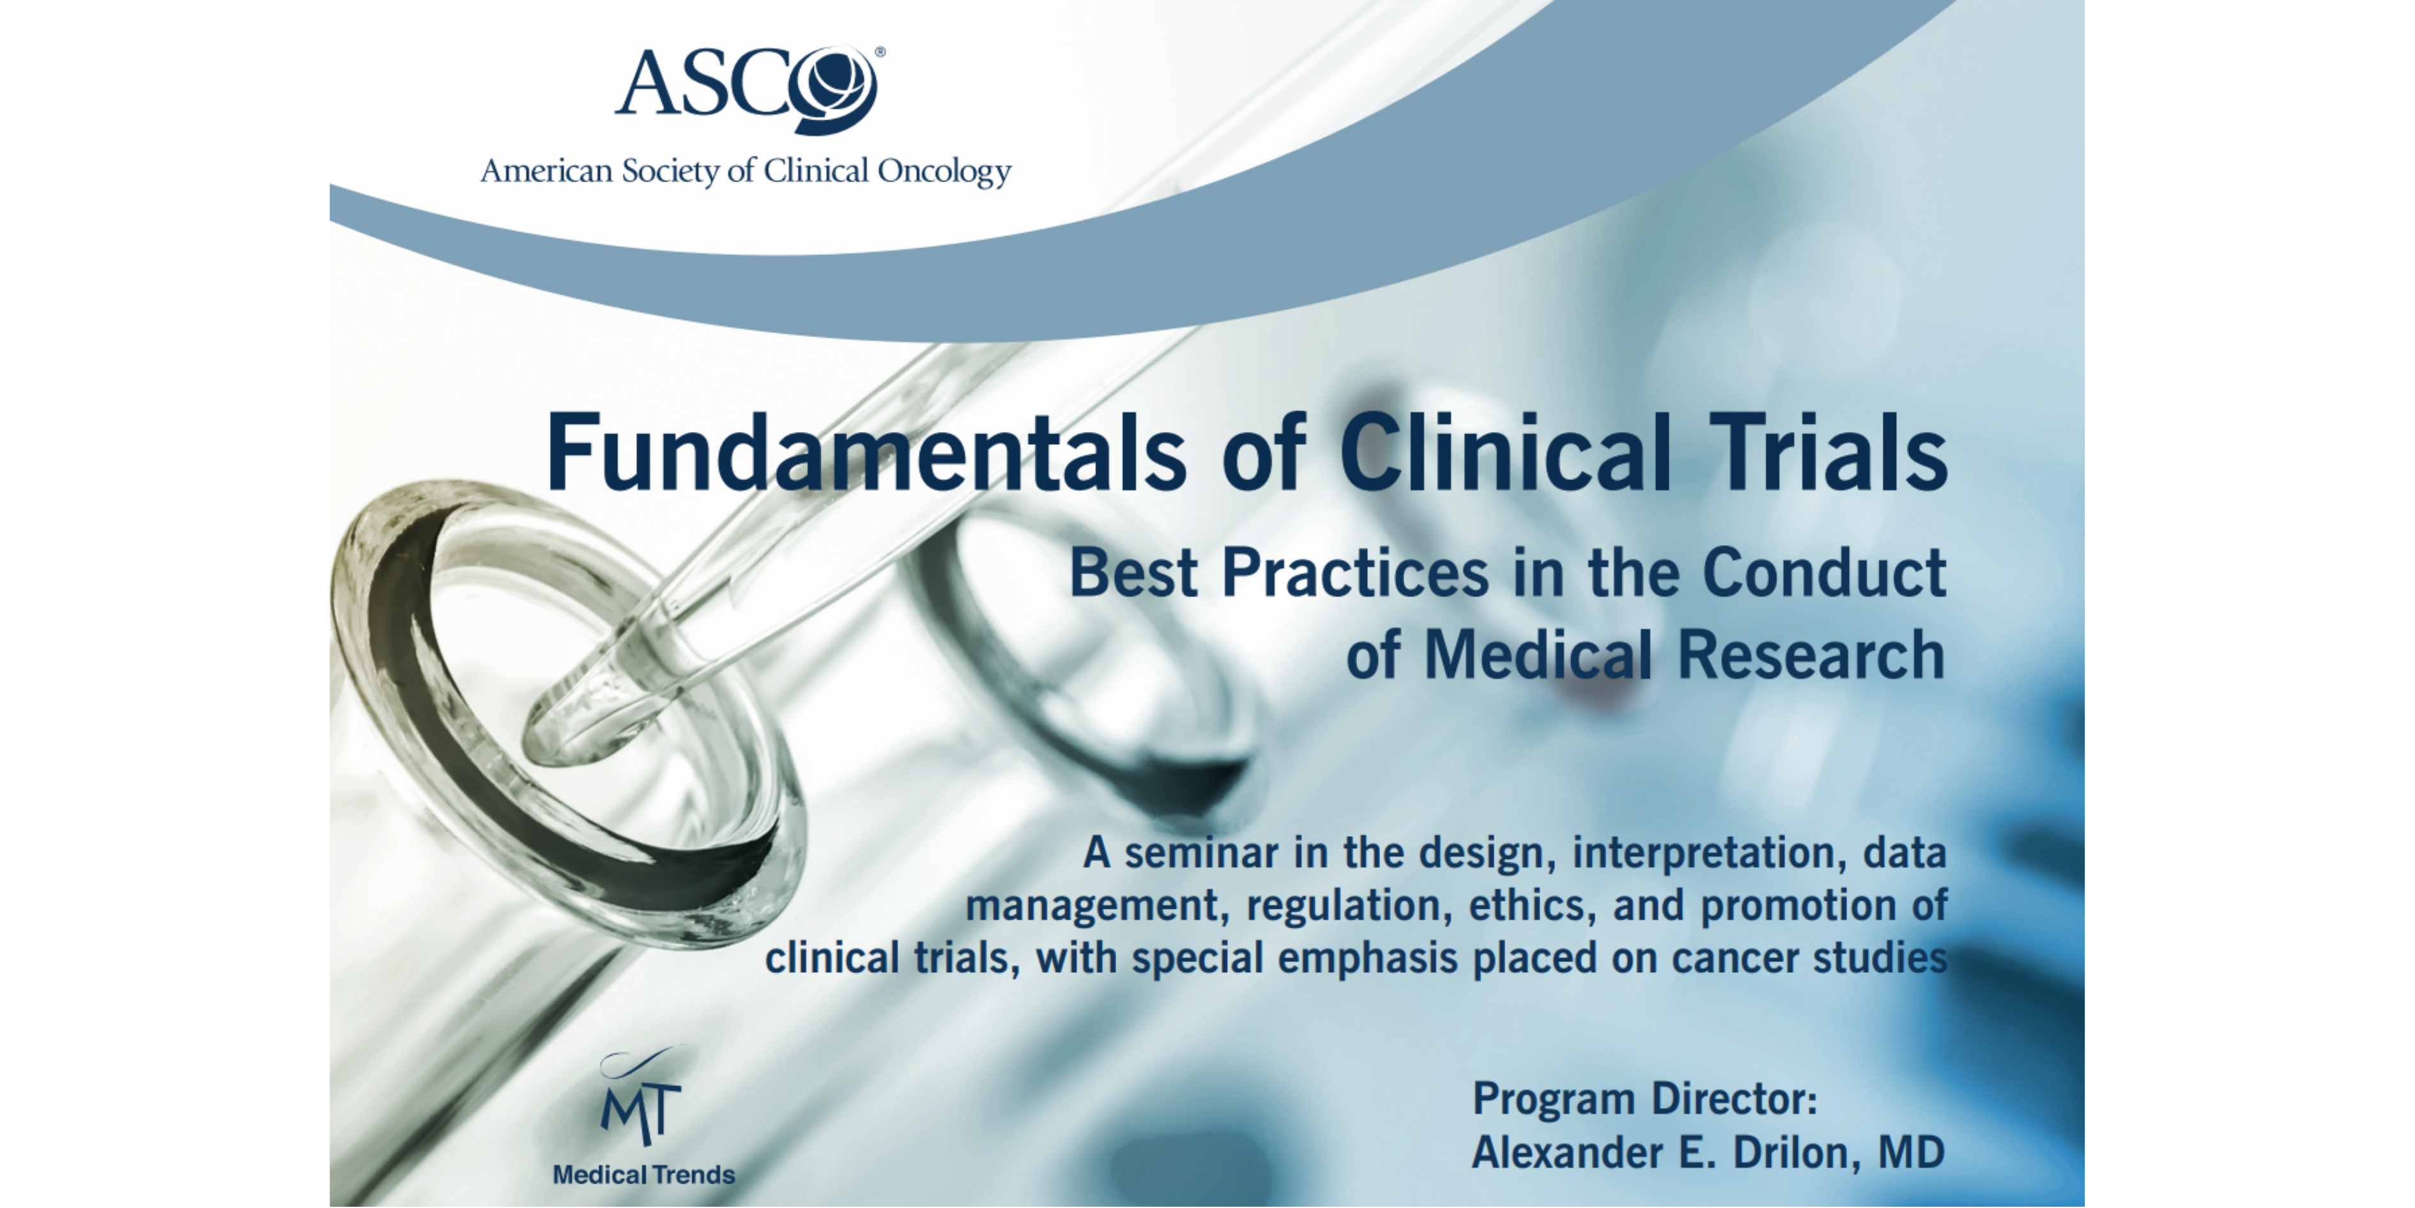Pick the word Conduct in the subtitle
click(1825, 573)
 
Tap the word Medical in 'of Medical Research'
click(1538, 654)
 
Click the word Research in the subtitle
click(1811, 654)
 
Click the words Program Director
click(1645, 1100)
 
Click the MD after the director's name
click(1912, 1152)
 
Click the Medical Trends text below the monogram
click(644, 1175)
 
